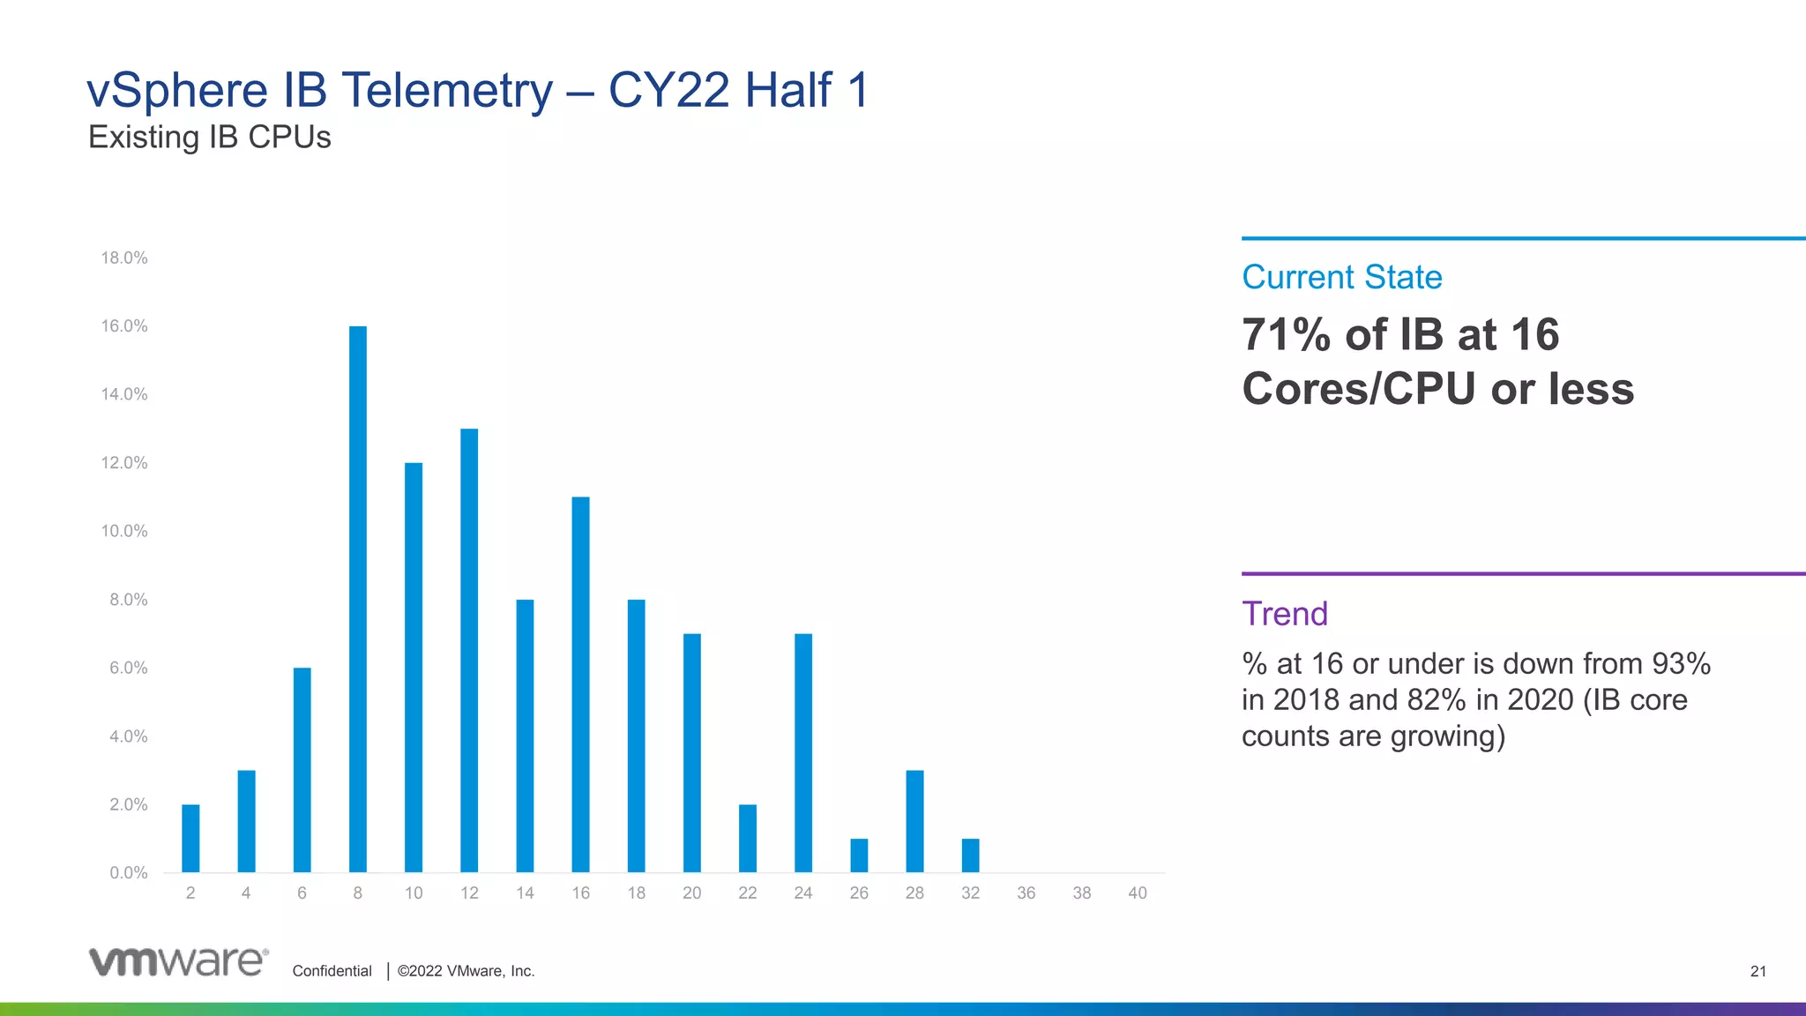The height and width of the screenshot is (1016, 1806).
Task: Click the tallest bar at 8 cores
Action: coord(358,599)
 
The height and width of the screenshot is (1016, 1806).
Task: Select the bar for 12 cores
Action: coord(469,650)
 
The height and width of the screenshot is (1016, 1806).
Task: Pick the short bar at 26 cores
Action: coord(859,855)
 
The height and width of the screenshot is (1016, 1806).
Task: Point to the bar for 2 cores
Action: coord(190,838)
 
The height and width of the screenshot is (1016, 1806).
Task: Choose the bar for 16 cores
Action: coord(580,684)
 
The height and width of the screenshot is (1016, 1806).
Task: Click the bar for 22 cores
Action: coord(748,838)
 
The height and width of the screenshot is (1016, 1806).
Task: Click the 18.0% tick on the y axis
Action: coord(124,258)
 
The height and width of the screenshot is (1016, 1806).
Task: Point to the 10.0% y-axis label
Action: coord(124,531)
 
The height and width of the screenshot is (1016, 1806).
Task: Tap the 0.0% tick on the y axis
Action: coord(129,873)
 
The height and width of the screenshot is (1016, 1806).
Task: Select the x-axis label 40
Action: coord(1138,893)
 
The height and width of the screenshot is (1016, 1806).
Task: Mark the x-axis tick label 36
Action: coord(1026,893)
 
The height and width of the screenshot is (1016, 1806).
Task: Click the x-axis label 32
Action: coord(971,893)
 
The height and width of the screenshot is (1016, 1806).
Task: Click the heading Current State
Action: coord(1341,277)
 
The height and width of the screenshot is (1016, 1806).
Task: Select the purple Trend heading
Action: coord(1285,614)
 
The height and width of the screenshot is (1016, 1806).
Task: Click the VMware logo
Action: coord(179,961)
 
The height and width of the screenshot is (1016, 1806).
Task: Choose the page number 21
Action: coord(1758,971)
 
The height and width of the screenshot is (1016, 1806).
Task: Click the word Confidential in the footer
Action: coord(332,971)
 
